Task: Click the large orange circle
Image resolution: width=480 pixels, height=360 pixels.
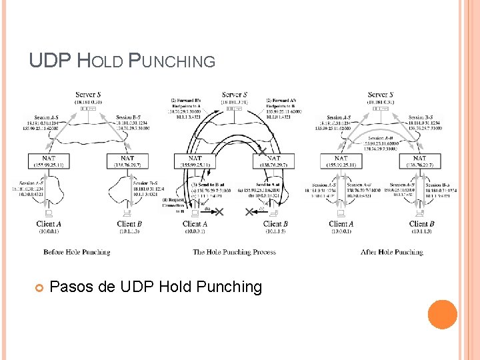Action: coord(442,314)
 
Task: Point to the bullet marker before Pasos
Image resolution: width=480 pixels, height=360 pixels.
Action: coord(39,288)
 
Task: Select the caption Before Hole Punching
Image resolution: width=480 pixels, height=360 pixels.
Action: coord(77,252)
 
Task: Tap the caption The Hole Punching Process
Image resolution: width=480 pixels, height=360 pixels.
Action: coord(234,252)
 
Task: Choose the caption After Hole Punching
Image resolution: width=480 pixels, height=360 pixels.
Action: coord(391,252)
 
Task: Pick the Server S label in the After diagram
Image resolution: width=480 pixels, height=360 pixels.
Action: coord(380,95)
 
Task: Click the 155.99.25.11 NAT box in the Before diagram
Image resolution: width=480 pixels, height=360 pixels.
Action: coord(46,160)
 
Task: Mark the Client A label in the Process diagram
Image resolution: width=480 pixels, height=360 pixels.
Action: coord(195,224)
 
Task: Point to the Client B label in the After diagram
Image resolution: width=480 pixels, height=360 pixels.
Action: coord(421,224)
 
